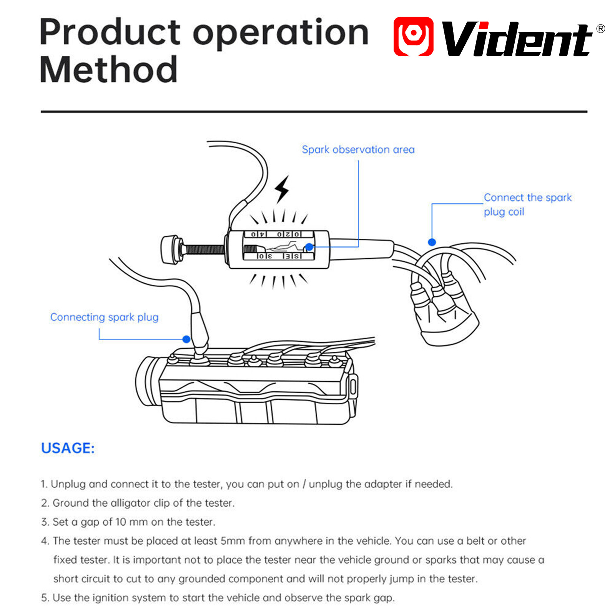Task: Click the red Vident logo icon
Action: [x=413, y=37]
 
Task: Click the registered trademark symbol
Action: [x=600, y=28]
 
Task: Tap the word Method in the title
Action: [x=109, y=70]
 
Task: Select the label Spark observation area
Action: [x=358, y=150]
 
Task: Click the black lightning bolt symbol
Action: [x=282, y=189]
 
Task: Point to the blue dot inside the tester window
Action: [x=309, y=247]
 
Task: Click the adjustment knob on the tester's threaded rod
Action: [x=171, y=250]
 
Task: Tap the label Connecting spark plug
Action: [x=104, y=317]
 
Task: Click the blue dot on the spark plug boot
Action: [x=186, y=339]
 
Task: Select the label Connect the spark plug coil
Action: [x=528, y=204]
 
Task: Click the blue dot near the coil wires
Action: [x=432, y=242]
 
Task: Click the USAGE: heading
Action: [x=68, y=448]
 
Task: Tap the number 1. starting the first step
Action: [x=44, y=484]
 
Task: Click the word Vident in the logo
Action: [x=517, y=38]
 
